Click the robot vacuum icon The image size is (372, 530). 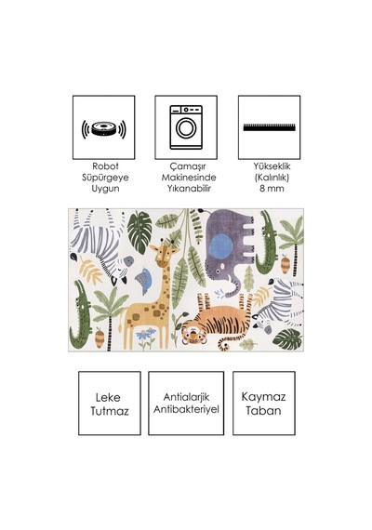104,129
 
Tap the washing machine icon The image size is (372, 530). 186,127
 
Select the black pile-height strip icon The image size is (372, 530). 269,127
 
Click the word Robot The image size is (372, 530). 105,166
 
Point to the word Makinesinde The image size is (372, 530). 189,178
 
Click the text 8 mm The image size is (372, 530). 272,189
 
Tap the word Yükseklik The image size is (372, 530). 272,166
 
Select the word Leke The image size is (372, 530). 108,398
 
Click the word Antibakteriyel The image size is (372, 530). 186,409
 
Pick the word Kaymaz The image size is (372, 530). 263,397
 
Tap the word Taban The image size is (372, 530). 263,411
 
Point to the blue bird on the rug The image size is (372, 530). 144,280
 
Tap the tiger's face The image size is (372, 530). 193,335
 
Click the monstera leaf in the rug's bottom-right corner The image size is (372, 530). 287,339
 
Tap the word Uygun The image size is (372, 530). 105,189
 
